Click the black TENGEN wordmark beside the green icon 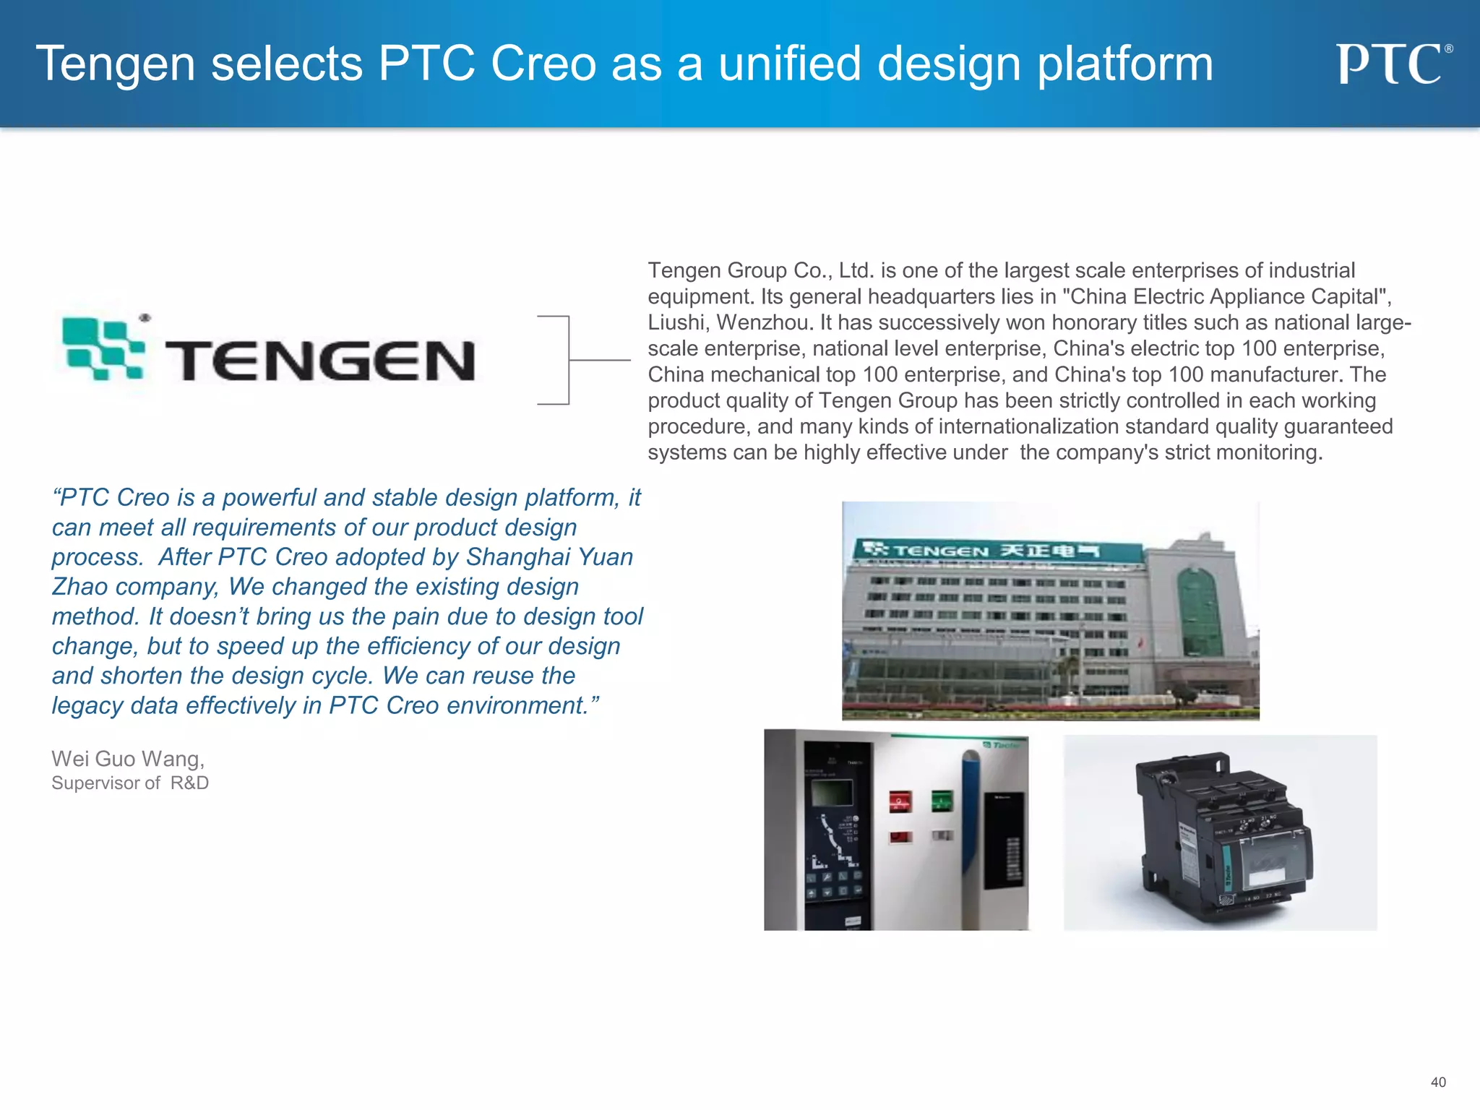click(x=319, y=361)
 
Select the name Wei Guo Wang click(x=128, y=759)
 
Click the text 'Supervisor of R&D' click(x=130, y=783)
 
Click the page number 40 click(x=1437, y=1082)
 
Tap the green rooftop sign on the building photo click(x=997, y=551)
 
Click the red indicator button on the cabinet click(x=900, y=801)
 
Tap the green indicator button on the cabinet click(x=942, y=800)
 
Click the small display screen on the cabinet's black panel click(x=833, y=793)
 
